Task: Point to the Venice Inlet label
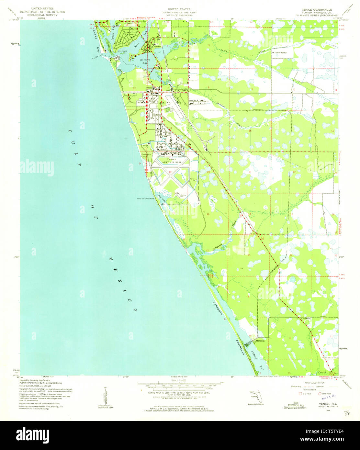point(99,58)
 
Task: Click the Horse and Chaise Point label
point(145,199)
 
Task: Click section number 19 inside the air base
point(170,172)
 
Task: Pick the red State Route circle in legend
point(320,394)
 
